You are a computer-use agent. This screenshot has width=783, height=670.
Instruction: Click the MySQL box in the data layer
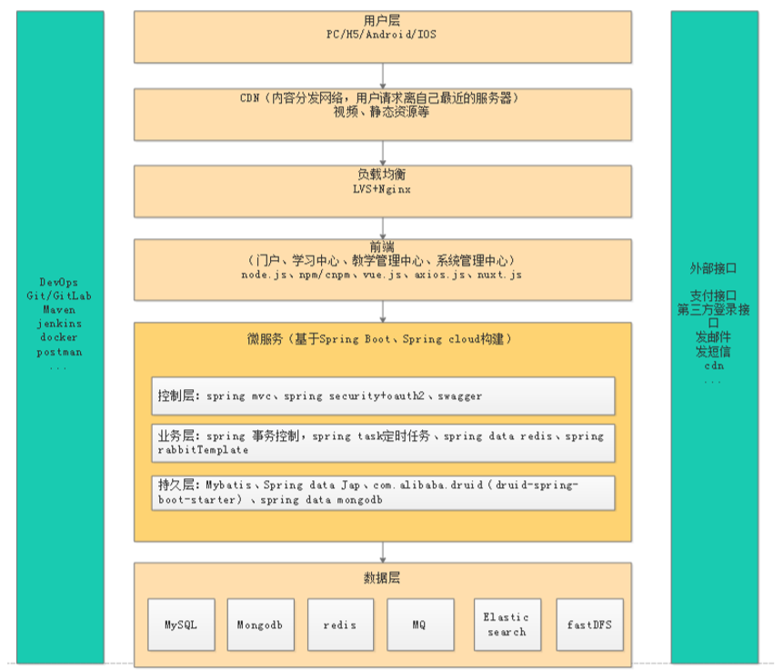click(x=181, y=625)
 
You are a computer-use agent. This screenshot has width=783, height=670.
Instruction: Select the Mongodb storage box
click(x=260, y=625)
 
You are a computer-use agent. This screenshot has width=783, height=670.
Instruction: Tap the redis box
click(x=340, y=625)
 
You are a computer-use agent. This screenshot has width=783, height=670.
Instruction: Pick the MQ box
click(x=419, y=625)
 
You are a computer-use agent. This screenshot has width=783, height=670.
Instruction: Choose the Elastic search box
click(x=507, y=625)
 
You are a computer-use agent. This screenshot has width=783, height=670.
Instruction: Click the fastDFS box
click(x=589, y=625)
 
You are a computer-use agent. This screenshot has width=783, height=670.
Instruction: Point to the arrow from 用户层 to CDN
click(x=383, y=75)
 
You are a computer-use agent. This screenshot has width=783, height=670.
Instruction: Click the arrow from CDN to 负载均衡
click(x=383, y=153)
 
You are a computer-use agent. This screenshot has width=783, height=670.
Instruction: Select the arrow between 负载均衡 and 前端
click(x=383, y=228)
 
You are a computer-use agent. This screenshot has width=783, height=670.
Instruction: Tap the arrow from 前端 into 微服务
click(x=383, y=311)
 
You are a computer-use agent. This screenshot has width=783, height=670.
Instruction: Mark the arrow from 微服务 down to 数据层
click(x=383, y=552)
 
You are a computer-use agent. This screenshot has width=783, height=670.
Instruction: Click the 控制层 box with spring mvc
click(x=383, y=395)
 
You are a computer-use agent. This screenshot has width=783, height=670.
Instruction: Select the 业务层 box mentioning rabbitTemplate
click(x=383, y=443)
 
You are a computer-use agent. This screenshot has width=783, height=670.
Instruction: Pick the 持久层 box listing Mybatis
click(x=383, y=492)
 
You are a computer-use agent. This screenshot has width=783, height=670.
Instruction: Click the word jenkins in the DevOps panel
click(x=59, y=323)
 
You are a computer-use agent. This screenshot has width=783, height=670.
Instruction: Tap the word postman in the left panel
click(x=59, y=352)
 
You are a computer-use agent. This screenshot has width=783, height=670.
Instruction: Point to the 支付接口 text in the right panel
click(x=713, y=295)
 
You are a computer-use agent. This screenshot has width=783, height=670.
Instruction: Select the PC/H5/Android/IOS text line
click(x=383, y=35)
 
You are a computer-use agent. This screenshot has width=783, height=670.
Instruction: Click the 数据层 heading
click(x=383, y=578)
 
